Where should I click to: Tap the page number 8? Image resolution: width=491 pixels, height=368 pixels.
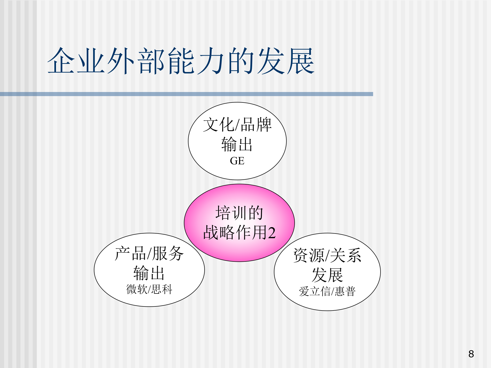(x=471, y=354)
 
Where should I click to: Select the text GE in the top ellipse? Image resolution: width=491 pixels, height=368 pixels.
(x=237, y=161)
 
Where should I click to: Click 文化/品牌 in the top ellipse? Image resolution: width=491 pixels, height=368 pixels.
(x=237, y=125)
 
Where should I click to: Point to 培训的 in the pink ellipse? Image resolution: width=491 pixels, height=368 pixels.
(x=239, y=213)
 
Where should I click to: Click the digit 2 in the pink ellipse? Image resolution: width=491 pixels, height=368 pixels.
(x=272, y=233)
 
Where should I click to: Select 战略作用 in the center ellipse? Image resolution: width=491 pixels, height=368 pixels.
(x=235, y=233)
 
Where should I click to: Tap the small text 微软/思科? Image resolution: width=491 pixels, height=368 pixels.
(x=149, y=289)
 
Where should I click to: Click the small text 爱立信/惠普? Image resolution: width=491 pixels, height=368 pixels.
(x=327, y=291)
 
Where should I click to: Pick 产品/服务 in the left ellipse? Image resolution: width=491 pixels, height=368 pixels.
(x=149, y=254)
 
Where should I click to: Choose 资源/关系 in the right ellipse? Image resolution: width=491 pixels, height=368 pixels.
(x=327, y=256)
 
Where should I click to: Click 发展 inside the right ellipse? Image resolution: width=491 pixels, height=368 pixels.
(x=327, y=275)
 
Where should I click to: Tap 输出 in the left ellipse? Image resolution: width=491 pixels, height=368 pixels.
(x=149, y=273)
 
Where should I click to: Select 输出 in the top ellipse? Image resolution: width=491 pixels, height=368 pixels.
(x=237, y=144)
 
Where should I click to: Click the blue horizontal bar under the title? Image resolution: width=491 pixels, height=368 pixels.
(x=186, y=94)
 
